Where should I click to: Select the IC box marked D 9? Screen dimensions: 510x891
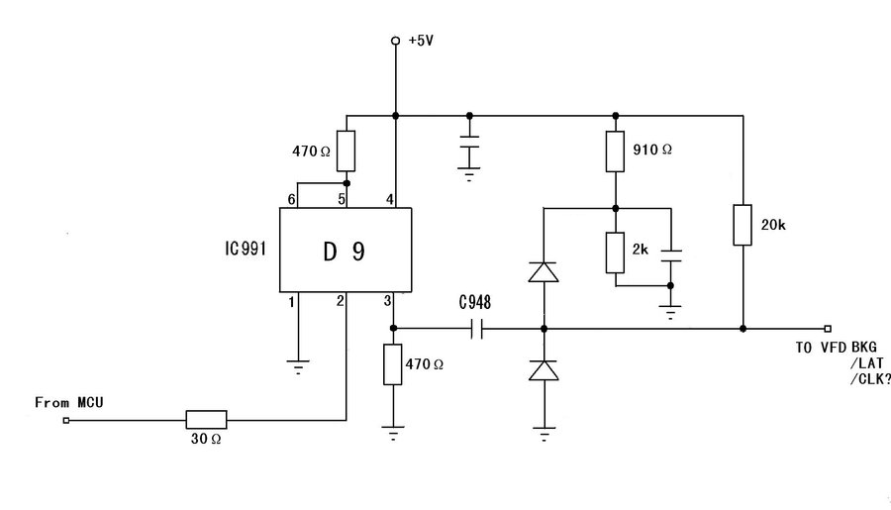(345, 251)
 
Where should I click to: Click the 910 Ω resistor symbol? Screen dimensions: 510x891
(615, 151)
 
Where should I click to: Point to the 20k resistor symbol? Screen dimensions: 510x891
(742, 225)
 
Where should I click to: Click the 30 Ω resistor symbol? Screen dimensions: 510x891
(206, 420)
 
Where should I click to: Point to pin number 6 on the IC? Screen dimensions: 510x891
(292, 200)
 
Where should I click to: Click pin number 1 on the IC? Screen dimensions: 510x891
(292, 301)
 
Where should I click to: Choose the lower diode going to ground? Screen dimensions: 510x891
(543, 370)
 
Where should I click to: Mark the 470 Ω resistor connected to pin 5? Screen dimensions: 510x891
(346, 152)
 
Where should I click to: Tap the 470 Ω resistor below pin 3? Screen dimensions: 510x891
(394, 363)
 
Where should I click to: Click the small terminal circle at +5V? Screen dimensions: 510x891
(395, 41)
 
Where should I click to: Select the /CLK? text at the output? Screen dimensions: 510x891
(869, 379)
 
